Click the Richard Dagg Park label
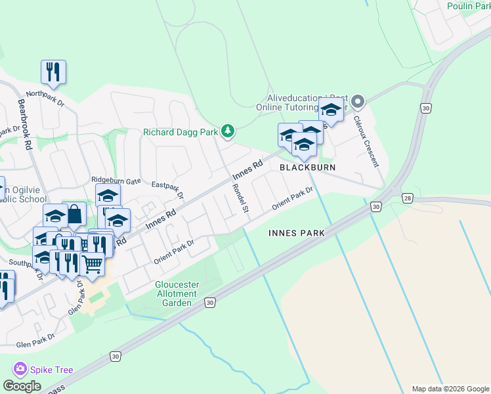[x=181, y=132]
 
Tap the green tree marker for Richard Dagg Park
[x=228, y=132]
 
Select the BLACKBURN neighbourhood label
[x=308, y=167]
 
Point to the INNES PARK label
[x=297, y=233]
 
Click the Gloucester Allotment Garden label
[x=177, y=294]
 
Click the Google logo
[x=22, y=385]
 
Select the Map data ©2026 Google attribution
[x=450, y=389]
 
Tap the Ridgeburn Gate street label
[x=116, y=179]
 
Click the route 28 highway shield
[x=408, y=198]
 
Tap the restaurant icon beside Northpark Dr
[x=53, y=72]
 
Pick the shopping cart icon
[x=93, y=264]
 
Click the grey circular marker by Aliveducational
[x=357, y=102]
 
